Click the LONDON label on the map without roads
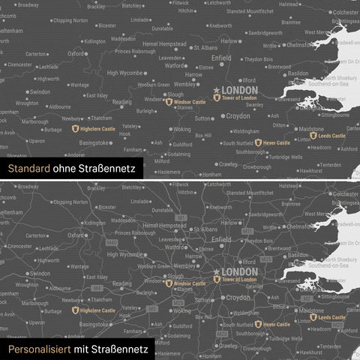pos(240,90)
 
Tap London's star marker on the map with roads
pos(217,271)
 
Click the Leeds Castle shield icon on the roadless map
pos(313,136)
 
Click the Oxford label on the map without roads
pos(76,54)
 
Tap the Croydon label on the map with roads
pos(238,298)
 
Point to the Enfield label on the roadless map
pos(222,57)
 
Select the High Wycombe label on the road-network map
pos(124,254)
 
